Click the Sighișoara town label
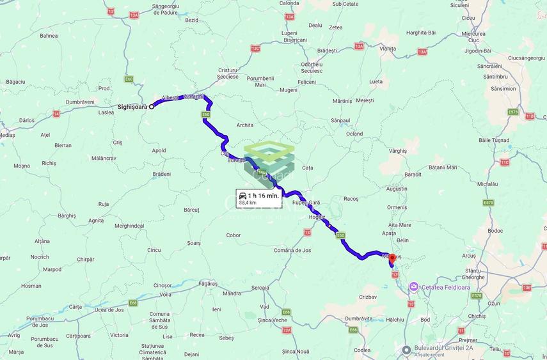point(132,107)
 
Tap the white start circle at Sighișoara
point(152,107)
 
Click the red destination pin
point(392,259)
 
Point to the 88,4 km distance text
point(248,203)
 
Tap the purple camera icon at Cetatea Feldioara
point(414,286)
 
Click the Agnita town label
point(96,220)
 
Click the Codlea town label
point(362,350)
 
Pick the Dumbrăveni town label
point(80,102)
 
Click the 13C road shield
point(255,48)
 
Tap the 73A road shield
point(287,330)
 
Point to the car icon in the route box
point(243,194)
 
